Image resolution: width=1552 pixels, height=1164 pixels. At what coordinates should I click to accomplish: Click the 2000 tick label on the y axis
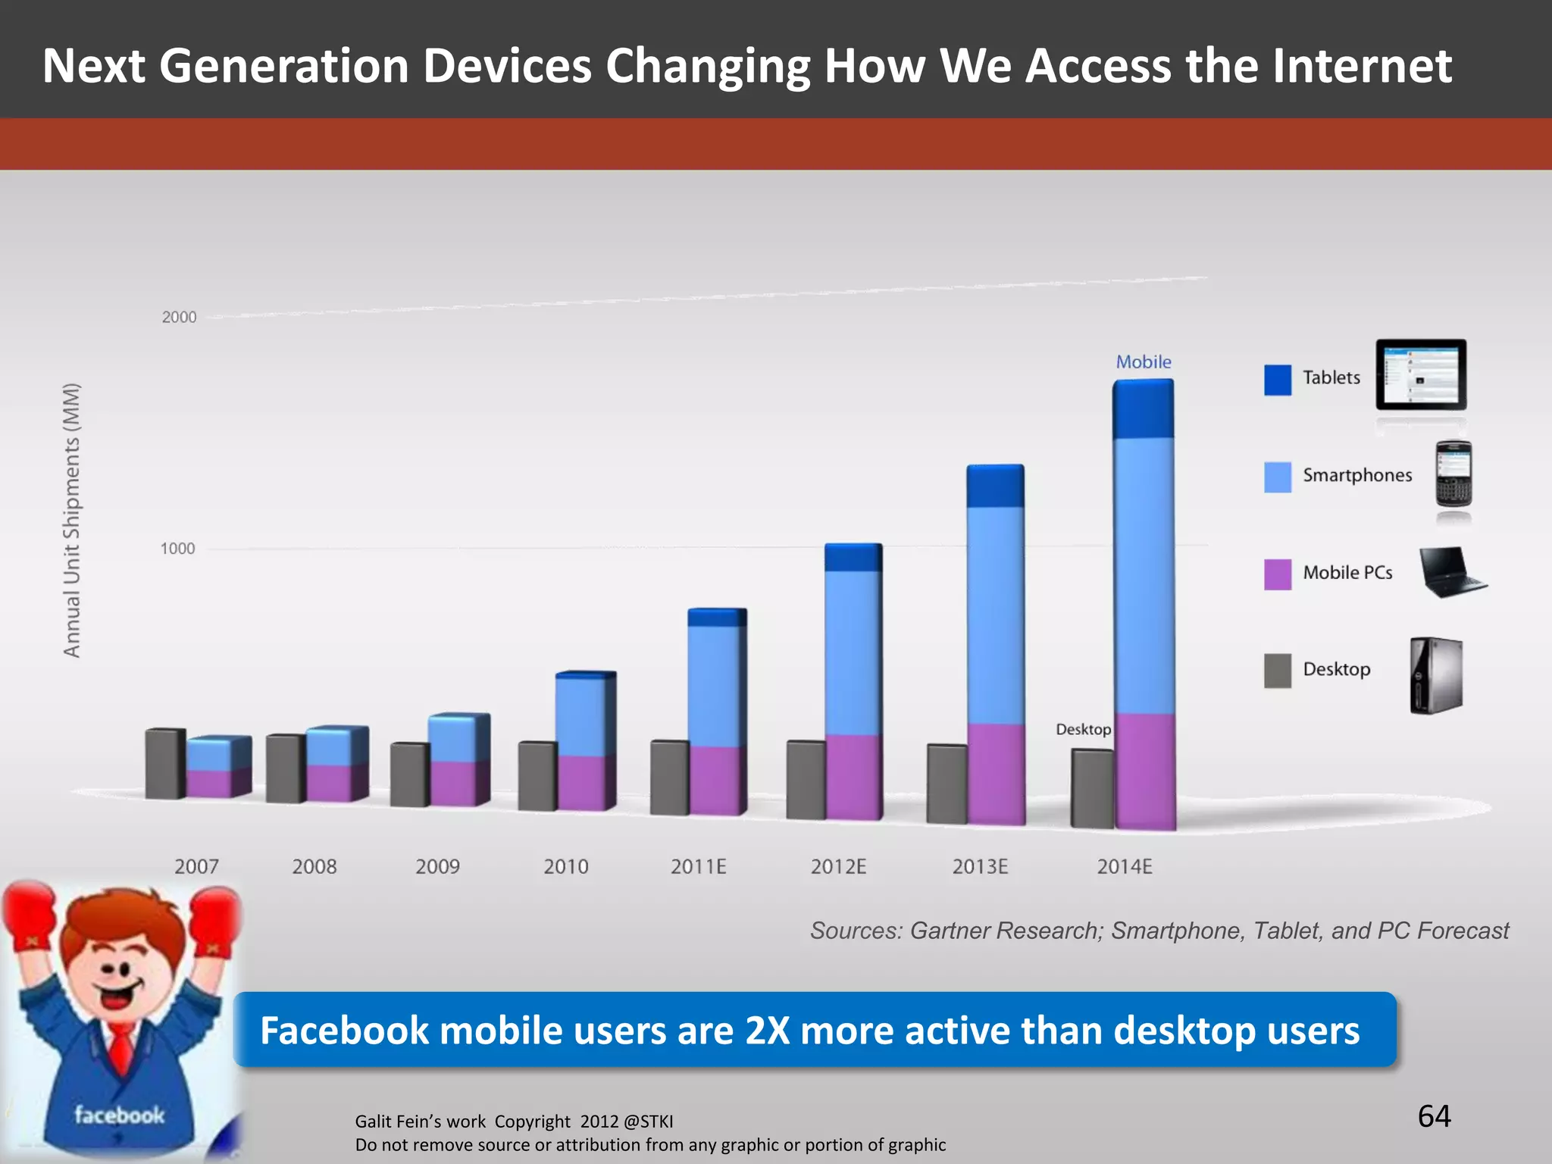coord(179,318)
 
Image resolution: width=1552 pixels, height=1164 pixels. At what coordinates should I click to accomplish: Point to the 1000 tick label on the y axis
coord(177,549)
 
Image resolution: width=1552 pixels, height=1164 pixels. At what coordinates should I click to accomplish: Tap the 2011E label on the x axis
coord(698,866)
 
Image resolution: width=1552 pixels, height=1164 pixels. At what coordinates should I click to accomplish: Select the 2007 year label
coord(196,866)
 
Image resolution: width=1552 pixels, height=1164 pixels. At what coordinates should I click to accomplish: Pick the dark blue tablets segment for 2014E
coord(1143,409)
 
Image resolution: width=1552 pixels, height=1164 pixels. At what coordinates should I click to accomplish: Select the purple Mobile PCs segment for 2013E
coord(996,773)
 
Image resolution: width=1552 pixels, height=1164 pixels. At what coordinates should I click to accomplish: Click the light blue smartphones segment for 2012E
coord(853,652)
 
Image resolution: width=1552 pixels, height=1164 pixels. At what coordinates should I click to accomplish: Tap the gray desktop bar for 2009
coord(409,774)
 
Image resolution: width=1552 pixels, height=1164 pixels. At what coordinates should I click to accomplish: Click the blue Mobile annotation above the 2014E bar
coord(1143,362)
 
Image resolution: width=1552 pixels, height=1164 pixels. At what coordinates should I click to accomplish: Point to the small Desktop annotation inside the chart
coord(1083,729)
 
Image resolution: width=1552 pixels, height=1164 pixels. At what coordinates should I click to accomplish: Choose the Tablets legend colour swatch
coord(1277,380)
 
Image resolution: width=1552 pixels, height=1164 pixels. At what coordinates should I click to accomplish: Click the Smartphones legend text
coord(1356,475)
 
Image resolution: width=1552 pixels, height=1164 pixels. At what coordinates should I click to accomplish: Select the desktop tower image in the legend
coord(1435,674)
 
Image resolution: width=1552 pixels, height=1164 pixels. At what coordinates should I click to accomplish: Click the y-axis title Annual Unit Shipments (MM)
coord(71,520)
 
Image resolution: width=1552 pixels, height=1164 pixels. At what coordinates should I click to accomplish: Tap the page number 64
coord(1434,1116)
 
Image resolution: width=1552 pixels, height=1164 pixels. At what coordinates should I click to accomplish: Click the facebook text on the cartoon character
coord(119,1115)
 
